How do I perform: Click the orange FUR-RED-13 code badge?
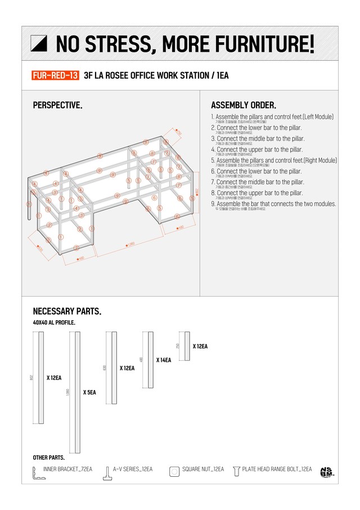pyautogui.click(x=55, y=75)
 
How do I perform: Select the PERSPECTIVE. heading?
pyautogui.click(x=57, y=105)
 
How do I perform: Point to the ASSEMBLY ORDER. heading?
pyautogui.click(x=243, y=105)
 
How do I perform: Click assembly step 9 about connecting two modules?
pyautogui.click(x=273, y=204)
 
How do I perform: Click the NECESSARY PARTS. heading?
pyautogui.click(x=67, y=311)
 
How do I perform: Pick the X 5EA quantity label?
pyautogui.click(x=89, y=392)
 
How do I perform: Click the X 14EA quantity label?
pyautogui.click(x=163, y=360)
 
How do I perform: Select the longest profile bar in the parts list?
pyautogui.click(x=74, y=392)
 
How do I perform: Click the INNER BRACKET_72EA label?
pyautogui.click(x=67, y=469)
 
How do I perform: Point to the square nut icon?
pyautogui.click(x=174, y=471)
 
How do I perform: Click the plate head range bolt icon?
pyautogui.click(x=236, y=471)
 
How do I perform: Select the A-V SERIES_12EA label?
pyautogui.click(x=132, y=469)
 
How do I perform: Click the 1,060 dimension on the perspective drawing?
pyautogui.click(x=131, y=244)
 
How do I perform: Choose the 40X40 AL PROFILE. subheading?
pyautogui.click(x=54, y=323)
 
